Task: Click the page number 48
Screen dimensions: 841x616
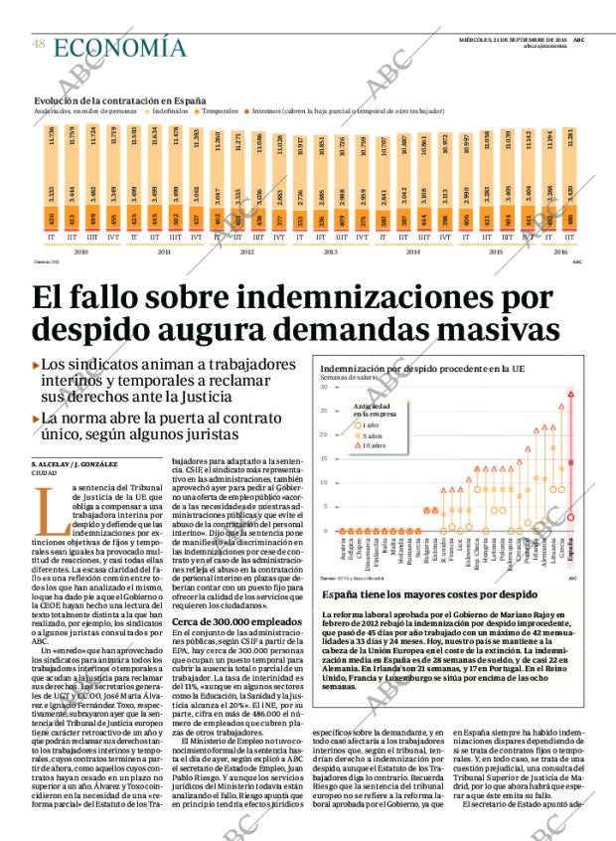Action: (37, 45)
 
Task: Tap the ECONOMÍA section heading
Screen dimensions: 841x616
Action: (119, 47)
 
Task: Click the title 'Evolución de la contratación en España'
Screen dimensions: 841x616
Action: (120, 100)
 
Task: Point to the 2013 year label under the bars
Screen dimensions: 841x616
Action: (331, 253)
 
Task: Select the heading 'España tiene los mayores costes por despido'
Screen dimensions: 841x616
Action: (422, 593)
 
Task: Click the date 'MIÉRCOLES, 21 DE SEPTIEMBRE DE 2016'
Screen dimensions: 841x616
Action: (513, 39)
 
